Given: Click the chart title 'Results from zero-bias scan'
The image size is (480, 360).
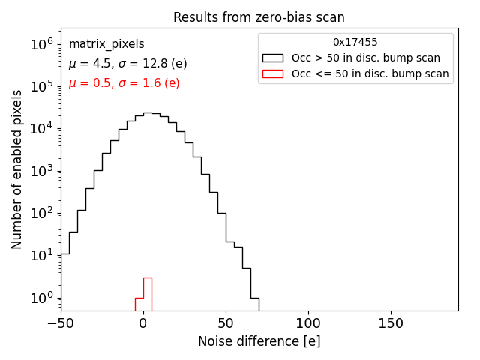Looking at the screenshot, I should coord(259,17).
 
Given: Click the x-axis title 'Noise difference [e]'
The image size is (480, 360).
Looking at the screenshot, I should coord(259,341).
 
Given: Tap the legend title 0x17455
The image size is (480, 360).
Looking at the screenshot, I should coord(355,43).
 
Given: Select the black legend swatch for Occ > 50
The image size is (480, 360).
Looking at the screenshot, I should coord(273,58).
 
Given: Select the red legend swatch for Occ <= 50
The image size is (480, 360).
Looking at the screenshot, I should coord(273,73).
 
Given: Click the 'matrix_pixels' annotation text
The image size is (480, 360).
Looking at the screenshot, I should coord(106,44).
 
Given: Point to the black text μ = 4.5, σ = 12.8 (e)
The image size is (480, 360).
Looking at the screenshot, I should coord(127,64).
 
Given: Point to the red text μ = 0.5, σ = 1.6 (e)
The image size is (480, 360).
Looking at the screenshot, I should coord(124,82).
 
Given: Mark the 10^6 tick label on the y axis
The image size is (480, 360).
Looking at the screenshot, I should coord(41,45).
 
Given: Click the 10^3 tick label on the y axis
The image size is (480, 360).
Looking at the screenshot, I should coord(41,171).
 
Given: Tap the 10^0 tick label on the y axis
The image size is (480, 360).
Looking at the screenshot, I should coord(41,298).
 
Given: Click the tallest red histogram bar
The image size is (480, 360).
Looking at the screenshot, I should coord(148,294).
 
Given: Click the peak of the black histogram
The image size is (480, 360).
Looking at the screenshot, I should coord(148,113).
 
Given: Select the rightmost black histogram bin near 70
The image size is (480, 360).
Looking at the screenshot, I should coord(254,303).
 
